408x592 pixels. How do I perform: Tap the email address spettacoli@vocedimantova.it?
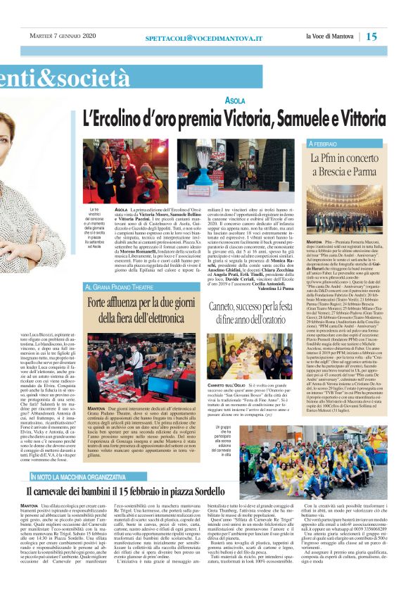tap(204, 36)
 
